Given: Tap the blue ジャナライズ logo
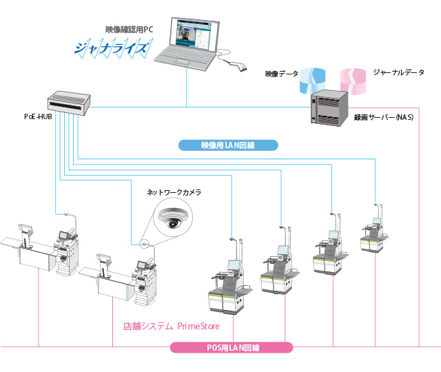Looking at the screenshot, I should tap(111, 50).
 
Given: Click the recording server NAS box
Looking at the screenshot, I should tap(329, 107).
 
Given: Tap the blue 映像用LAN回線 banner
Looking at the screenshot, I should tap(228, 145).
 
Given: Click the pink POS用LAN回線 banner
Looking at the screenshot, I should tap(232, 348).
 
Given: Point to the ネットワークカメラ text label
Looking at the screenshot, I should tap(174, 194).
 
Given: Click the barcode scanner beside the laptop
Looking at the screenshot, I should tap(236, 67).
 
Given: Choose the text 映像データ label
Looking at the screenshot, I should tap(282, 73).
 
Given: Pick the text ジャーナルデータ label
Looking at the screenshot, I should tap(398, 72).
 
